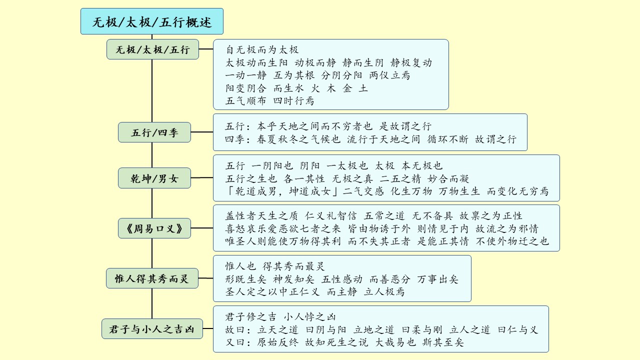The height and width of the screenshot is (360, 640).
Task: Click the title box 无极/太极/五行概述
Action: [152, 21]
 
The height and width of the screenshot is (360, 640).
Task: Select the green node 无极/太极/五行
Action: [152, 49]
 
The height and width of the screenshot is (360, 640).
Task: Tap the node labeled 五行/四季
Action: [154, 132]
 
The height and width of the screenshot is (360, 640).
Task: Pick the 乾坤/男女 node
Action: [154, 178]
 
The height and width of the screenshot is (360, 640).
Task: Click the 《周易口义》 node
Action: [154, 228]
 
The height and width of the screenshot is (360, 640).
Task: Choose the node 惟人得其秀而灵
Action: [152, 278]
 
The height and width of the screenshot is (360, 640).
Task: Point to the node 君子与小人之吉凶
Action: [152, 329]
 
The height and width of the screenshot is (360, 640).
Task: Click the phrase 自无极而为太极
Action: [262, 49]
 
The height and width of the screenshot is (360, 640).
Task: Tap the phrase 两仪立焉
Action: [389, 75]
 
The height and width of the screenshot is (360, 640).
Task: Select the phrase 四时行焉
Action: [293, 100]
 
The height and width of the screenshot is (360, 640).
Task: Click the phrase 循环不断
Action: [447, 139]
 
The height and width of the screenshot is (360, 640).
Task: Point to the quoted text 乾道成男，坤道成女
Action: [283, 191]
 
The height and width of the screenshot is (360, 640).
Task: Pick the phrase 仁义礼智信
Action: [330, 215]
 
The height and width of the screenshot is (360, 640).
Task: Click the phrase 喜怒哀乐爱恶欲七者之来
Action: [283, 228]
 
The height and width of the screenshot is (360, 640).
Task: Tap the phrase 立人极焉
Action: [384, 291]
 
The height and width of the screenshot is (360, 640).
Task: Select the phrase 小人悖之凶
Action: [309, 317]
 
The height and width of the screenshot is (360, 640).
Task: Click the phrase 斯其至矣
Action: [443, 342]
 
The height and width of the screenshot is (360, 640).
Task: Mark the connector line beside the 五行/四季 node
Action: [202, 132]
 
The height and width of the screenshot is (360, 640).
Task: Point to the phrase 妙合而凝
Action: [448, 178]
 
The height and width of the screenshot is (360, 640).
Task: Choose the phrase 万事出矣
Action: [437, 279]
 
